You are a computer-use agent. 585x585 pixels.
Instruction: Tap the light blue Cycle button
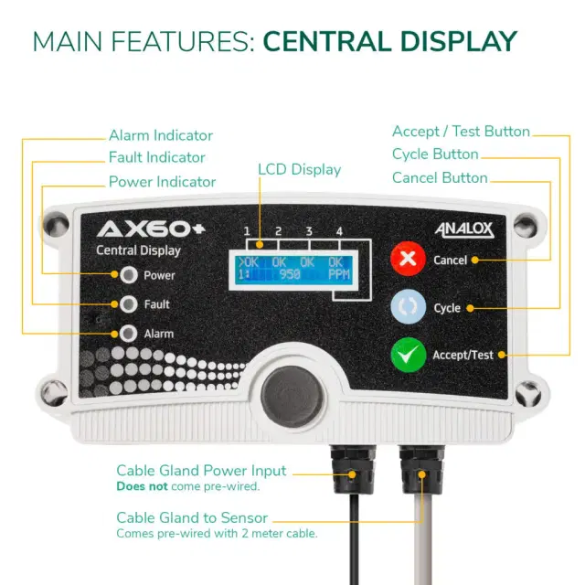(x=409, y=307)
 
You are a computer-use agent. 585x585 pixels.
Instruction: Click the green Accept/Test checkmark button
(x=409, y=355)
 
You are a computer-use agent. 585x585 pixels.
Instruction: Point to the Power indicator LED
(x=129, y=275)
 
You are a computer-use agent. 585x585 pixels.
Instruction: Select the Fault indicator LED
(x=129, y=304)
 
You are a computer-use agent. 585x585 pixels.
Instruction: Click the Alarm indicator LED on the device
(x=129, y=333)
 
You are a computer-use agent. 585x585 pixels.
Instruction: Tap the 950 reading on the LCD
(x=290, y=275)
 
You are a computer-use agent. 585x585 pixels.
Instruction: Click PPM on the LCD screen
(x=339, y=275)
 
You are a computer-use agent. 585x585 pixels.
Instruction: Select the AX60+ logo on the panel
(x=151, y=229)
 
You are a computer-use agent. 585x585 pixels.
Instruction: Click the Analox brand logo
(x=464, y=229)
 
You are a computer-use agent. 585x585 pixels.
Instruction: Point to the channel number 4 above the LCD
(x=339, y=231)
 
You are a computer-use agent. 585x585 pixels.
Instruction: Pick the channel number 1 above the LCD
(x=247, y=231)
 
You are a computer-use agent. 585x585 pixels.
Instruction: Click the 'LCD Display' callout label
(x=299, y=169)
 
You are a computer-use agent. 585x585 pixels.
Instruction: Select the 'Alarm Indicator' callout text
(x=161, y=135)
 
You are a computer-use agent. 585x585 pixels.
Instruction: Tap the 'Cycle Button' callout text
(x=435, y=154)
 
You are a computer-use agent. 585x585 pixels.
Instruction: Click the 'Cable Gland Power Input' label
(x=201, y=471)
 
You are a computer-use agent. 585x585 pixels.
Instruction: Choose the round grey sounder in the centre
(x=292, y=396)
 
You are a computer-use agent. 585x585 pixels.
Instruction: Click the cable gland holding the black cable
(x=353, y=469)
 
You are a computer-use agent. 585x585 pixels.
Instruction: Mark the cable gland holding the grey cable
(x=422, y=469)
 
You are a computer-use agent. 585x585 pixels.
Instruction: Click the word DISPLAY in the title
(x=459, y=41)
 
